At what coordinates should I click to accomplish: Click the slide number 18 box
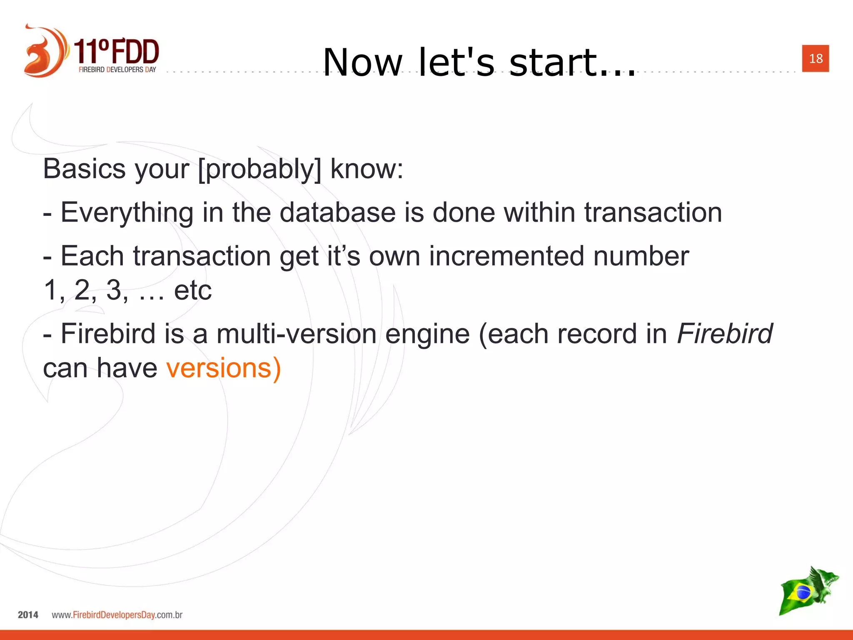coord(815,58)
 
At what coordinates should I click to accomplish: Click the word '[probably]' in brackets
coord(259,169)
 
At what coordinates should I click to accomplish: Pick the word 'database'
coord(337,212)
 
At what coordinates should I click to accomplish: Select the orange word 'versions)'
coord(224,368)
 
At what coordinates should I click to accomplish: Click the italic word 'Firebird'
coord(724,334)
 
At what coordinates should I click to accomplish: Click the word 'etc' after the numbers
coord(192,290)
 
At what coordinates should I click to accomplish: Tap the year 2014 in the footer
coord(28,615)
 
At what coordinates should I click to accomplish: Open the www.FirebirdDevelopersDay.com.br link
coord(117,615)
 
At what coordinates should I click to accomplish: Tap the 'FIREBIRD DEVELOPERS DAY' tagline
coord(117,70)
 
